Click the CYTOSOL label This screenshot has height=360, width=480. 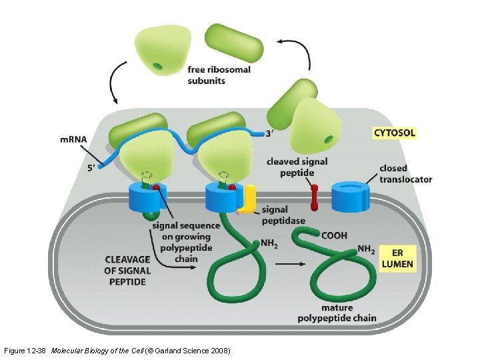[394, 133]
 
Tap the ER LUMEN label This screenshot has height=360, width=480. [397, 258]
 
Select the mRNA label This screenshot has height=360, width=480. [73, 139]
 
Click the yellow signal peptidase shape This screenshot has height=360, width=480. [248, 199]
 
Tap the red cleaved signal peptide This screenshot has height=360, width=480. [313, 197]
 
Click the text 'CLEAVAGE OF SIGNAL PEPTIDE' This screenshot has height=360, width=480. [127, 270]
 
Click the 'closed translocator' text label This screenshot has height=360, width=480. [405, 174]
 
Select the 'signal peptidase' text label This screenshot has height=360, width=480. [283, 215]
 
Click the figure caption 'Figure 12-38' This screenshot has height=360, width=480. [25, 350]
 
